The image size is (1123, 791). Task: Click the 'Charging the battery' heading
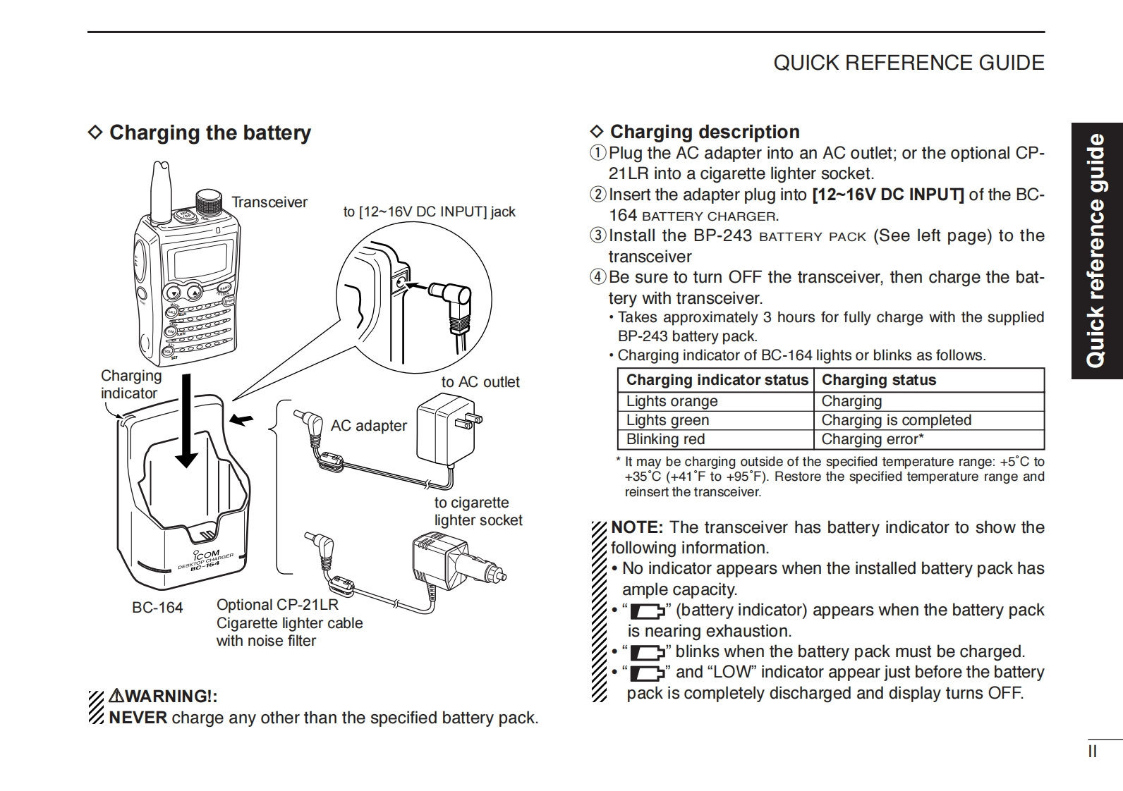[x=210, y=133]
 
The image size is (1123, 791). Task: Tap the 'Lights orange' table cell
[x=672, y=401]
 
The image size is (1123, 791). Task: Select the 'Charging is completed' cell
[x=896, y=420]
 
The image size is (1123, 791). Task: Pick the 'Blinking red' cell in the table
[x=665, y=439]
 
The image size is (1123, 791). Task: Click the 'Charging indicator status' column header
[x=717, y=380]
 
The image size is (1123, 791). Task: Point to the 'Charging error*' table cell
[x=872, y=439]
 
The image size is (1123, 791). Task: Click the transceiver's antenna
[x=162, y=190]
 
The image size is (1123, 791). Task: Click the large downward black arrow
[x=187, y=423]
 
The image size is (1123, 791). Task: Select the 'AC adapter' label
[x=368, y=426]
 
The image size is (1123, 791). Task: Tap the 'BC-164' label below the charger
[x=157, y=608]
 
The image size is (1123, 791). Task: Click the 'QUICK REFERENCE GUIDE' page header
[x=909, y=63]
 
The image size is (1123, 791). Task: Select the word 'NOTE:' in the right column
[x=636, y=527]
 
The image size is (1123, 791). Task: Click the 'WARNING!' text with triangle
[x=162, y=697]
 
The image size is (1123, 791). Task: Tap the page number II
[x=1092, y=752]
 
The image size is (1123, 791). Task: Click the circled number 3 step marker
[x=597, y=235]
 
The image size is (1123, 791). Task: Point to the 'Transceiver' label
[x=269, y=202]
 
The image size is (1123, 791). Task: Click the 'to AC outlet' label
[x=480, y=382]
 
